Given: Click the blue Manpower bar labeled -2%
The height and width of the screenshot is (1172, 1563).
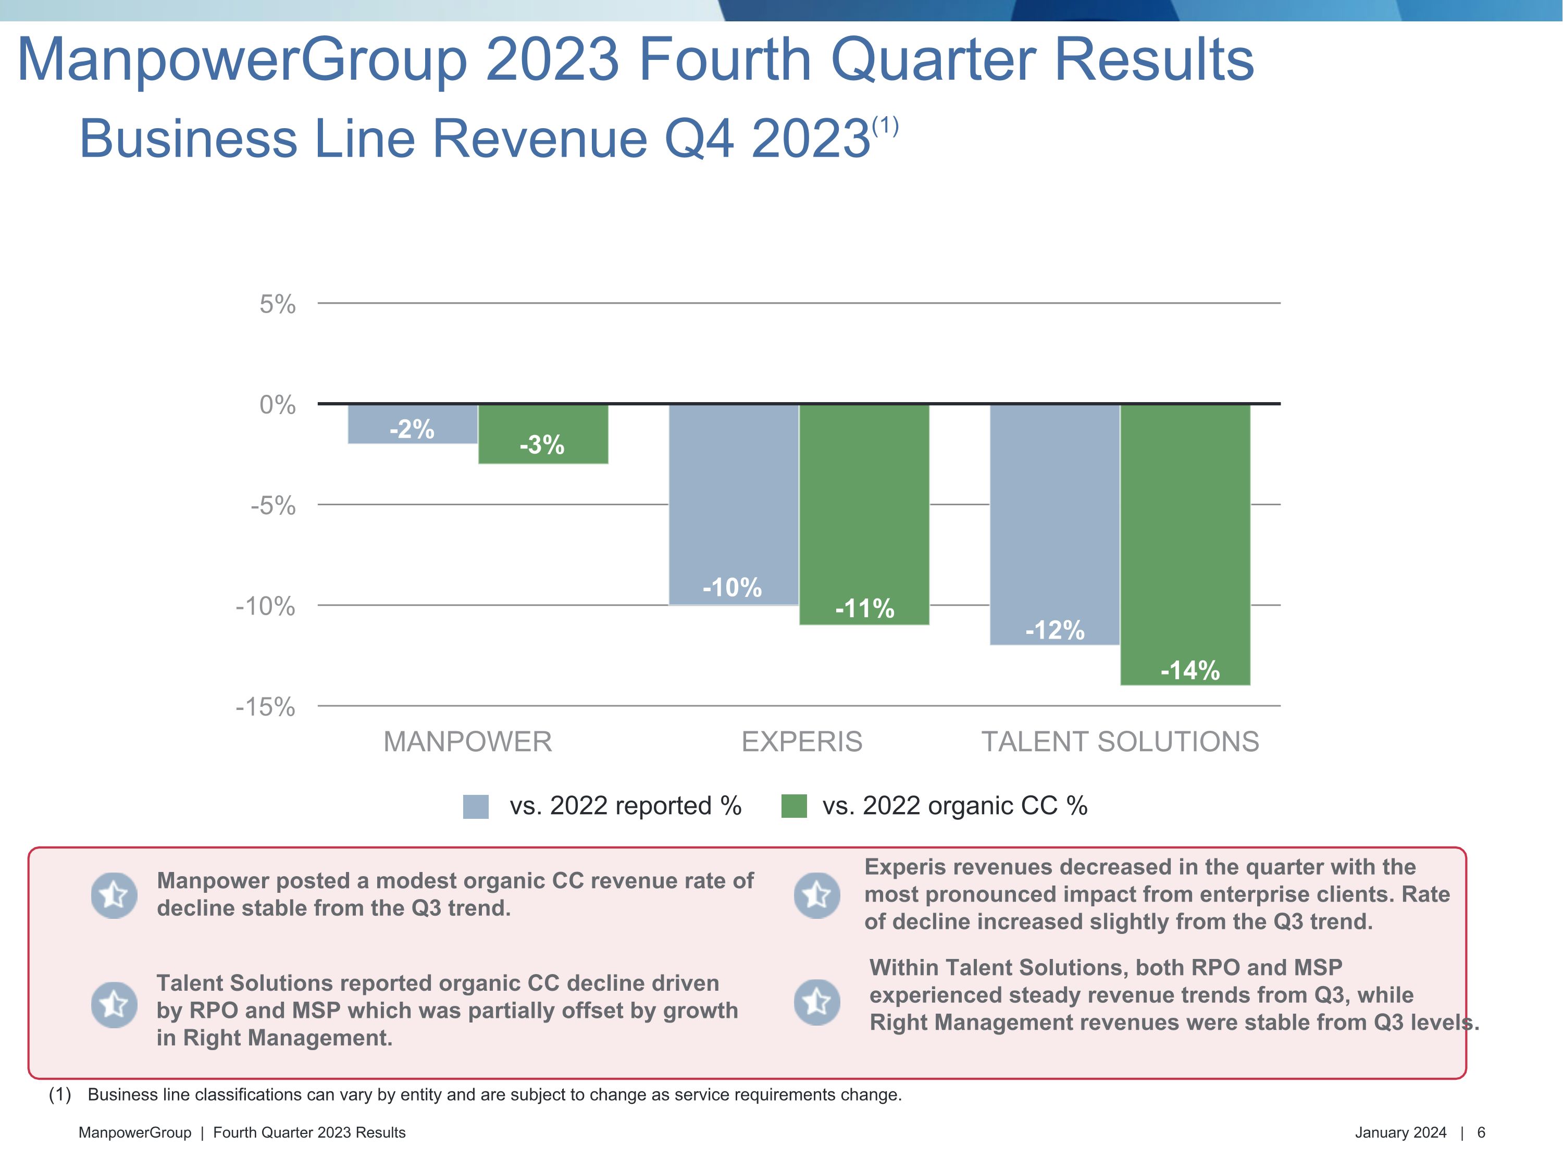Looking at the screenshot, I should tap(413, 424).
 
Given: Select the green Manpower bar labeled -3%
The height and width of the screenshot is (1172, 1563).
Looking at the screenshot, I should tap(543, 434).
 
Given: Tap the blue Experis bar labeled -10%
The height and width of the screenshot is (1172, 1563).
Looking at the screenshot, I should tap(734, 504).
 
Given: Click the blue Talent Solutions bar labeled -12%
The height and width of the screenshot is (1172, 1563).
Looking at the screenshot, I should tap(1055, 524).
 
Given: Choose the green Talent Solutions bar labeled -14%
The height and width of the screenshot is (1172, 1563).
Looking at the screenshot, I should tap(1185, 544).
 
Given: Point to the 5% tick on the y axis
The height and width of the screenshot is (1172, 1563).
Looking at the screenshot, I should tap(278, 305).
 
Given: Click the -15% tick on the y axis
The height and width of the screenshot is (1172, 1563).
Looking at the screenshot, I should tap(266, 707).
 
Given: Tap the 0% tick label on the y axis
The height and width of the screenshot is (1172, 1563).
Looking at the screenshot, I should tap(278, 405).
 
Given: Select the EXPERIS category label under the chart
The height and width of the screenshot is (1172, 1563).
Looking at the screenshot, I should tap(802, 742).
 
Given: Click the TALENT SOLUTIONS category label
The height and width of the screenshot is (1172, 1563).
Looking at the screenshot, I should tap(1120, 742).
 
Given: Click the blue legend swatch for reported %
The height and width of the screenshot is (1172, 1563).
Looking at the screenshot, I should tap(476, 806).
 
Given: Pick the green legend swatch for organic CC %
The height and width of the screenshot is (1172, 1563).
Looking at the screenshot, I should tap(793, 806).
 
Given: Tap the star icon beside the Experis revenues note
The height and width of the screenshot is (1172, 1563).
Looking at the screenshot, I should tap(817, 895).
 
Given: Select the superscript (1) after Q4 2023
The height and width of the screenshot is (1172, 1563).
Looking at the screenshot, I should tap(885, 127).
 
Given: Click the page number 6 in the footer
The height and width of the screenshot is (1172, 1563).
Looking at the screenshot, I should tap(1481, 1132).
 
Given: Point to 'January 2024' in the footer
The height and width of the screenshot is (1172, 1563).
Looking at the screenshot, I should tap(1400, 1132).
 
